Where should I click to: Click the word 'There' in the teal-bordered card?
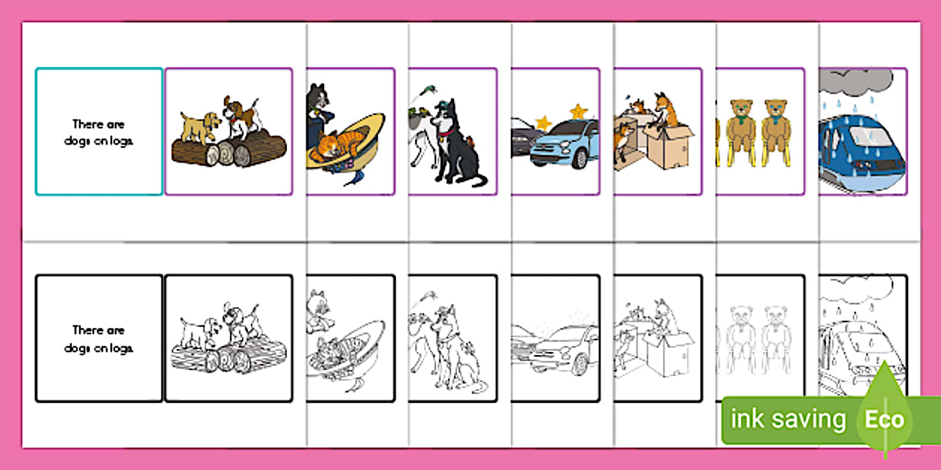(87, 124)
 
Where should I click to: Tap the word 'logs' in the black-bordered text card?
(122, 348)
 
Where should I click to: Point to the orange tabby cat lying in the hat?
(341, 145)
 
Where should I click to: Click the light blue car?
(564, 143)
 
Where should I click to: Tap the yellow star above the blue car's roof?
(579, 112)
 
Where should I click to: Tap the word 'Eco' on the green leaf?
(884, 419)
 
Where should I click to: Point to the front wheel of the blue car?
(580, 159)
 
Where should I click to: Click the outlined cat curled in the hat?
(338, 351)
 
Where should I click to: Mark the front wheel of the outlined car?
(580, 364)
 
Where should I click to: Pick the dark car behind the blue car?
(524, 136)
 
